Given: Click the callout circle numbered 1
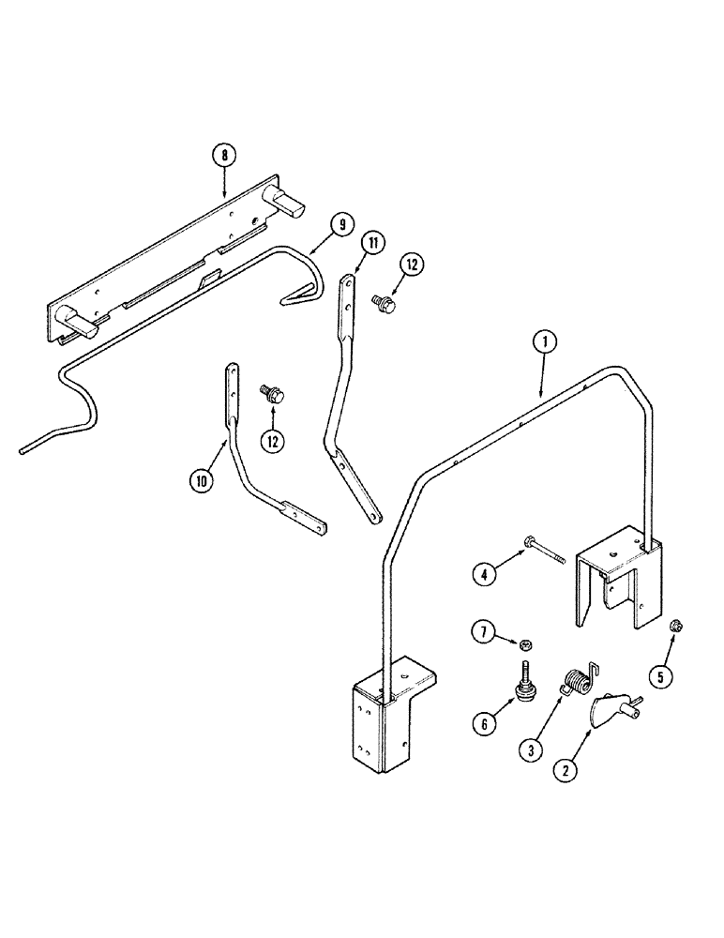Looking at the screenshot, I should click(x=540, y=343).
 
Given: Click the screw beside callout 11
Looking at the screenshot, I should click(x=386, y=304).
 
